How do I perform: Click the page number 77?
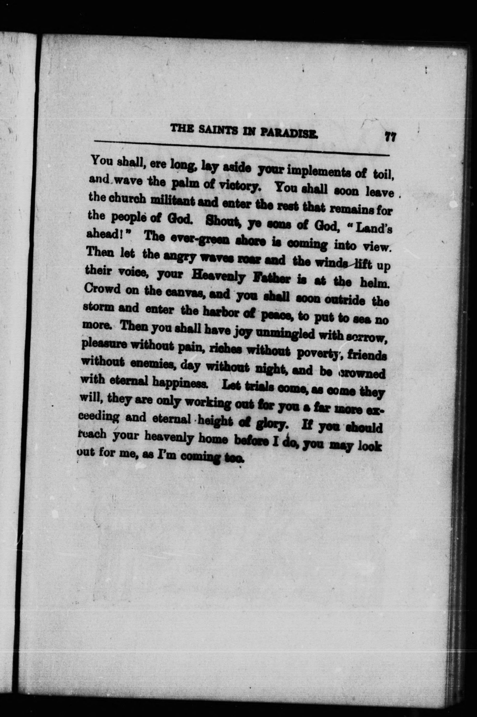pyautogui.click(x=390, y=137)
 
